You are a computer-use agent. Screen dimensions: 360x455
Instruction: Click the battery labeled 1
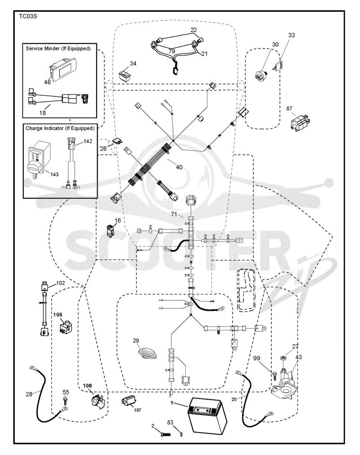(x=207, y=415)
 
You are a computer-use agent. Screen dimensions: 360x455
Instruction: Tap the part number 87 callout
(x=289, y=108)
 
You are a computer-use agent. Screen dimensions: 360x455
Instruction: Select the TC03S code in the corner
(x=28, y=16)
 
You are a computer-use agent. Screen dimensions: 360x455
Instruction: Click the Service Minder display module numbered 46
(x=64, y=68)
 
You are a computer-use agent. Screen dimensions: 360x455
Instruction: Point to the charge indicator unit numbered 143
(x=36, y=160)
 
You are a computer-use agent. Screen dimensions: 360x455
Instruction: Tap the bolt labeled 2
(x=165, y=434)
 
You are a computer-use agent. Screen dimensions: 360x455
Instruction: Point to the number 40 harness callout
(x=179, y=167)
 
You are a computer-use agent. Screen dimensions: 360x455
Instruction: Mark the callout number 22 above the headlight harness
(x=193, y=30)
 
